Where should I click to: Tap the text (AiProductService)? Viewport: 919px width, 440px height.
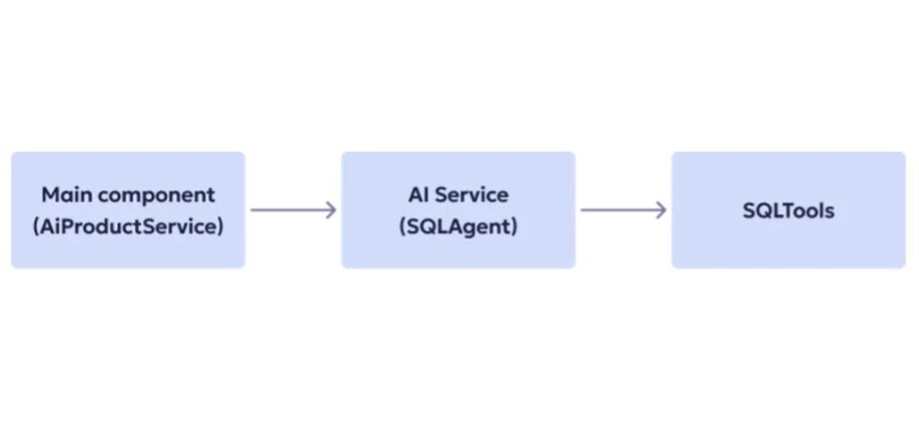pos(127,226)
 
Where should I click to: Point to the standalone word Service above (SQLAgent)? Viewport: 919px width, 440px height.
pos(471,195)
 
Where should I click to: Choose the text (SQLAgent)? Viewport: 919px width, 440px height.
pos(458,226)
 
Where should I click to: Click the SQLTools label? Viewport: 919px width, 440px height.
pos(788,211)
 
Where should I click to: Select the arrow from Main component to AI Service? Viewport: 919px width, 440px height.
pos(293,210)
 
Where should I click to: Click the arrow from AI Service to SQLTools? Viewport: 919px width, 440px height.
pos(623,210)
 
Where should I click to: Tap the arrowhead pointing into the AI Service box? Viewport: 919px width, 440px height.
pos(331,210)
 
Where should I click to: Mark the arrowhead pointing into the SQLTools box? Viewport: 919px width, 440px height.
pos(661,210)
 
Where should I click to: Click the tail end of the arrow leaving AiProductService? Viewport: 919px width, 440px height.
pos(253,210)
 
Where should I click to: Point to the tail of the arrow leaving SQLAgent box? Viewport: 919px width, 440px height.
pos(583,210)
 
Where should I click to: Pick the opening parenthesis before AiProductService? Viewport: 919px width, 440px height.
pos(36,226)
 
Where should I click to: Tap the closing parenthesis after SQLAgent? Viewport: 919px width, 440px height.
pos(514,226)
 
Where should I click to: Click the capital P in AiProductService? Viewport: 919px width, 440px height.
pos(72,226)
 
